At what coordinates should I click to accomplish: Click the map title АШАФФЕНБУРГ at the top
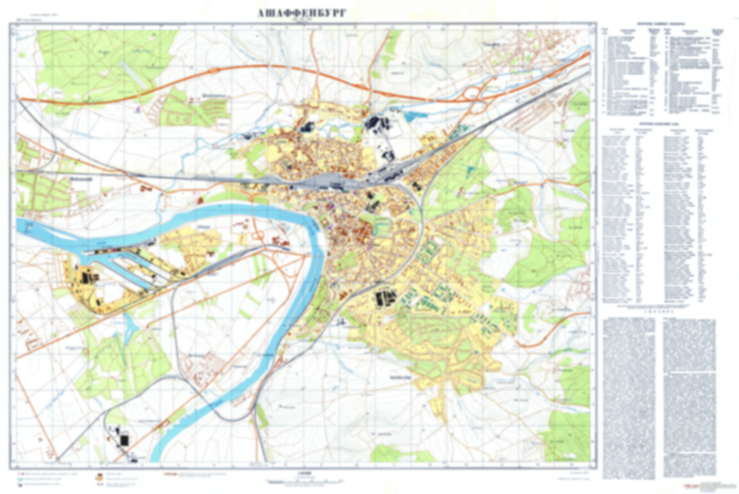(x=302, y=13)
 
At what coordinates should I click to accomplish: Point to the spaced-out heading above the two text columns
(x=659, y=312)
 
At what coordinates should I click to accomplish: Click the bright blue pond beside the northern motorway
(x=410, y=117)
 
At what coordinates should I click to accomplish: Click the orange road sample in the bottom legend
(x=170, y=474)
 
